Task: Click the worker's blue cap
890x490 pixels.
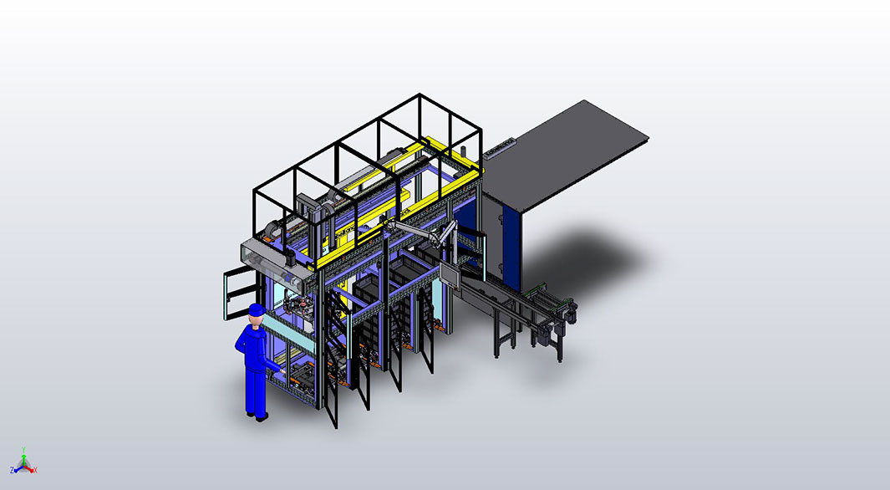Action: (x=257, y=309)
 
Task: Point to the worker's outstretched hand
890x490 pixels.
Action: (x=282, y=370)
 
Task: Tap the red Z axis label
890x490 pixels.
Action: (x=12, y=470)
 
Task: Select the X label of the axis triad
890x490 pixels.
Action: (x=35, y=470)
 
